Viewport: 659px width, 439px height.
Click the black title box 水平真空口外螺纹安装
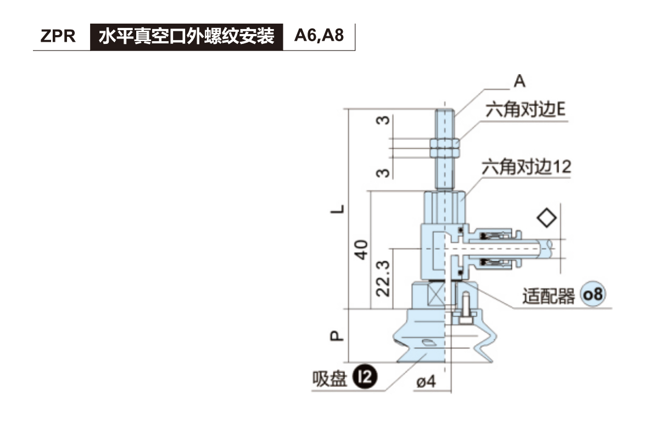tap(186, 37)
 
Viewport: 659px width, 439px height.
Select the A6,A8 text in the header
tap(319, 36)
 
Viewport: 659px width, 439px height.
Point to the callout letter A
tap(519, 81)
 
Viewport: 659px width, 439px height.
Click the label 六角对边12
tap(526, 166)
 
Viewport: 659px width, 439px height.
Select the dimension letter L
tap(341, 209)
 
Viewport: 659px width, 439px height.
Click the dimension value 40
tap(361, 250)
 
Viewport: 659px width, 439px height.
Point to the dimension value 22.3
tap(384, 278)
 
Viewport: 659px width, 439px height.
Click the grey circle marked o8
tap(592, 295)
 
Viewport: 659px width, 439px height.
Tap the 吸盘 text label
tap(330, 378)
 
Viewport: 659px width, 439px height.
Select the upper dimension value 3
tap(385, 120)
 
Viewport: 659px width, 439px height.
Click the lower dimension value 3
tap(385, 172)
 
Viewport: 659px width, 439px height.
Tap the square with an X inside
tap(437, 296)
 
